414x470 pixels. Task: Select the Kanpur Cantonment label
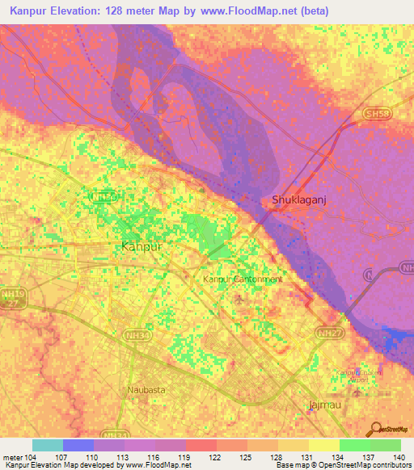242,279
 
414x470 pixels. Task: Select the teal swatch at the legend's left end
47,445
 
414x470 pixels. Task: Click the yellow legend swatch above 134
324,445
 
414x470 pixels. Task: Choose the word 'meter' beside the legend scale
11,456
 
